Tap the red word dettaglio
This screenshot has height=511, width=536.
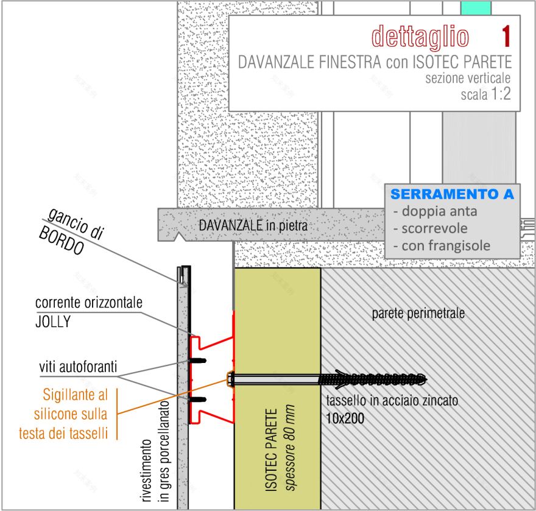[x=420, y=36]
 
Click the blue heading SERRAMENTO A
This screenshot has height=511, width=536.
[x=452, y=194]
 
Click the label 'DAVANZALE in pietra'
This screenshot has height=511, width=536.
[x=251, y=225]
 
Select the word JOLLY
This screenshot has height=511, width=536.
[x=52, y=321]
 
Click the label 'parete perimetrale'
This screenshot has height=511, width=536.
[x=418, y=314]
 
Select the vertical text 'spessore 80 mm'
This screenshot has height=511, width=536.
[x=291, y=447]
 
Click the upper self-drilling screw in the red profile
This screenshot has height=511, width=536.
[x=199, y=360]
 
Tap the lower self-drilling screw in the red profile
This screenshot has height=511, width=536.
[x=199, y=400]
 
